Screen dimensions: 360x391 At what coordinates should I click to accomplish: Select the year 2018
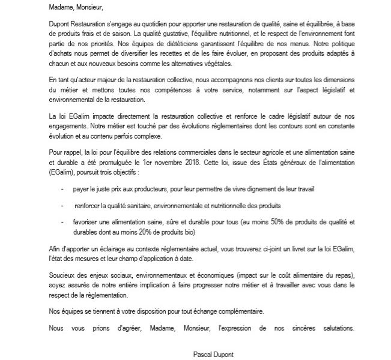(x=213, y=163)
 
